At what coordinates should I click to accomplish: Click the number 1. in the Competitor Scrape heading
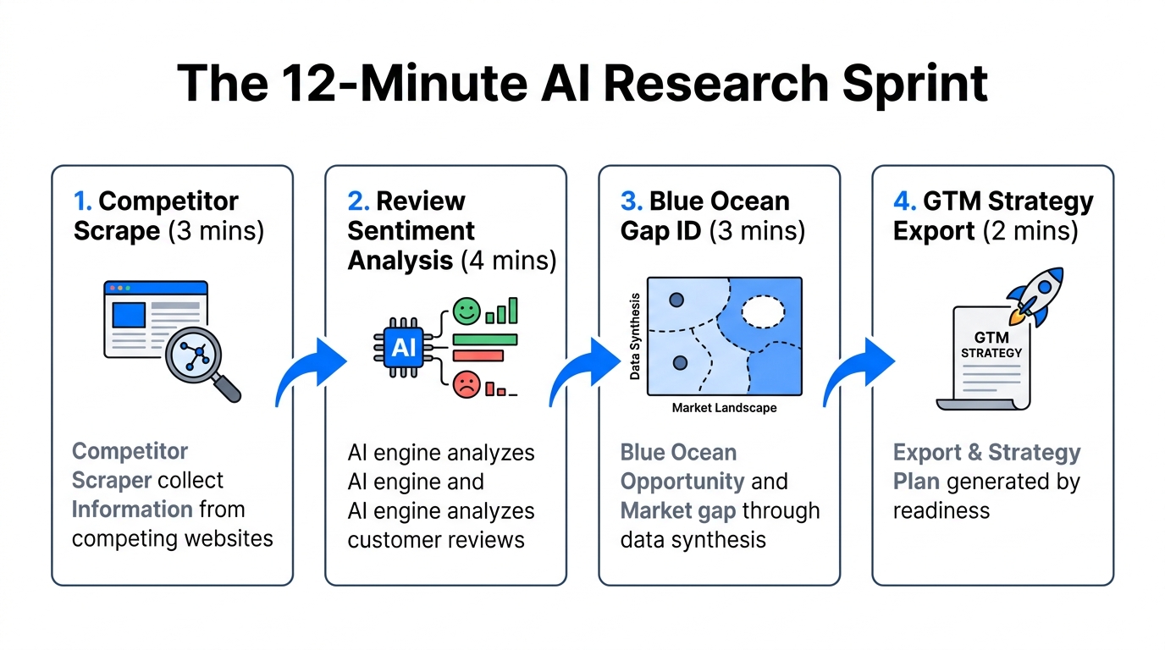pyautogui.click(x=83, y=201)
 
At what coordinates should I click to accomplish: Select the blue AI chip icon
pyautogui.click(x=402, y=346)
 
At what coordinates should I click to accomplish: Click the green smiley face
pyautogui.click(x=466, y=311)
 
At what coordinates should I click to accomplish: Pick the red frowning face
pyautogui.click(x=466, y=384)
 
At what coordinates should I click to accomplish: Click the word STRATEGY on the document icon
pyautogui.click(x=992, y=352)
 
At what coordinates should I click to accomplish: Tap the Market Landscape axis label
pyautogui.click(x=723, y=408)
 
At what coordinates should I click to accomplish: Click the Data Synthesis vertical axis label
pyautogui.click(x=635, y=337)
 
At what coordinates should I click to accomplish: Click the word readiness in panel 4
pyautogui.click(x=941, y=510)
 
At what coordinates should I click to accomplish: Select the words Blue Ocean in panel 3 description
pyautogui.click(x=678, y=453)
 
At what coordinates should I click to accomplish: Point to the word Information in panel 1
pyautogui.click(x=132, y=510)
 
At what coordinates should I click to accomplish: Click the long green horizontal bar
pyautogui.click(x=485, y=339)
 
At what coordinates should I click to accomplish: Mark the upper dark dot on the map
pyautogui.click(x=676, y=300)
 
